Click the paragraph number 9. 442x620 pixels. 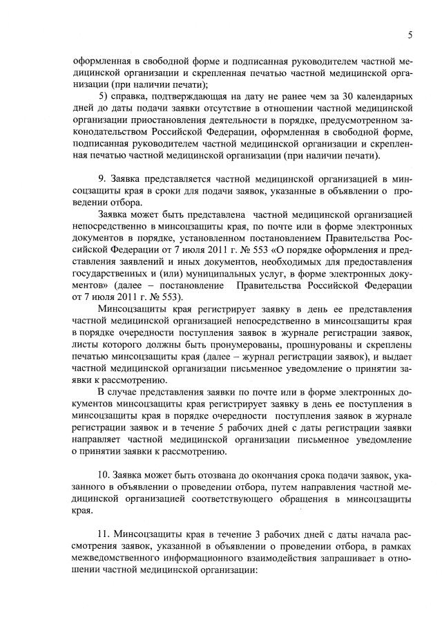coord(103,179)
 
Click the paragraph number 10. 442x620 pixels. coord(105,476)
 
